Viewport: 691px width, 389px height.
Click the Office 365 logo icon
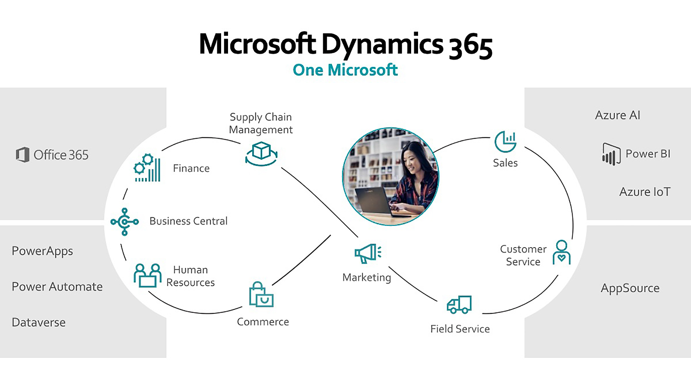[22, 155]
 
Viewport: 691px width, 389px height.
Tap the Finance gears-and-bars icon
[147, 168]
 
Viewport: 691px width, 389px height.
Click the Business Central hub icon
[124, 222]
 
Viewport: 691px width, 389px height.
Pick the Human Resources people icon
[147, 275]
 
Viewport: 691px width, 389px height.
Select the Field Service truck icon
[459, 305]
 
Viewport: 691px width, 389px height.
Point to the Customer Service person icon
[561, 252]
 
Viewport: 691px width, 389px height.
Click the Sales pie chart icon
[505, 142]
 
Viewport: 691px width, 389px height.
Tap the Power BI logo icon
[611, 154]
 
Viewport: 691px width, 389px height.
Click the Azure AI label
[618, 115]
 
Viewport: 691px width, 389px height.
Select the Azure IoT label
[645, 192]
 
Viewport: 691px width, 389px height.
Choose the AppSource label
[630, 288]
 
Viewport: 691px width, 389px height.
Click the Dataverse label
[39, 322]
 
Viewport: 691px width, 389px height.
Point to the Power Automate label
[57, 287]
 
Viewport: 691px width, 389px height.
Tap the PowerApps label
[42, 251]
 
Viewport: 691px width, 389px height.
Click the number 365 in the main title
[471, 45]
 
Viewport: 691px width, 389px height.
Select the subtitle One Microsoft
[345, 70]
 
